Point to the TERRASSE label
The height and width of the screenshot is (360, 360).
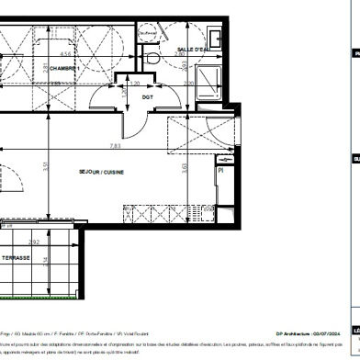[16, 259]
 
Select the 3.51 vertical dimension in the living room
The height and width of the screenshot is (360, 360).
[31, 166]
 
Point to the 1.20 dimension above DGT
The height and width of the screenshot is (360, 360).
[135, 81]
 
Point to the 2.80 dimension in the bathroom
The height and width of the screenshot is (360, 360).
[181, 55]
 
